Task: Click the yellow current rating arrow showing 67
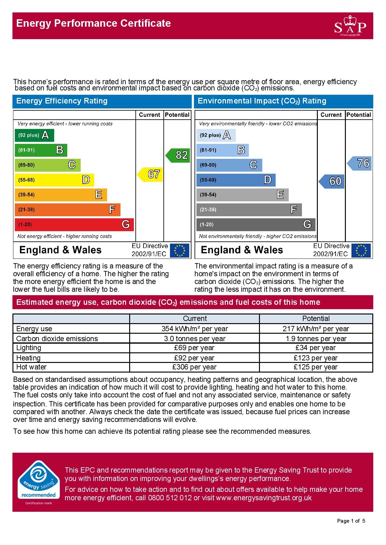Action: [151, 174]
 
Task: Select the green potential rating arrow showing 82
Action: [178, 155]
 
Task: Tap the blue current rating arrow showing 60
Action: [332, 181]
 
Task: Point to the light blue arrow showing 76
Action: [360, 163]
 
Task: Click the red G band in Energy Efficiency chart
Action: [74, 224]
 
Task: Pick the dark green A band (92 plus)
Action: [34, 135]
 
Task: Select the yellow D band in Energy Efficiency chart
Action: [54, 180]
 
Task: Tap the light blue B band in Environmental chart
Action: [222, 150]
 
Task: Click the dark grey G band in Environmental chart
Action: [256, 224]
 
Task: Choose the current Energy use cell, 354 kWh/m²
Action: [195, 329]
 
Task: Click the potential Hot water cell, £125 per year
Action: [316, 367]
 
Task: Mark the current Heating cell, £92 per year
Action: [195, 358]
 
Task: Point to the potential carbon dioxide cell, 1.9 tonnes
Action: [316, 339]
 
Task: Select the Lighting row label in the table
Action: [29, 348]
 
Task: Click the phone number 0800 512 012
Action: [170, 498]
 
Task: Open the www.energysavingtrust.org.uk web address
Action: [264, 498]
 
